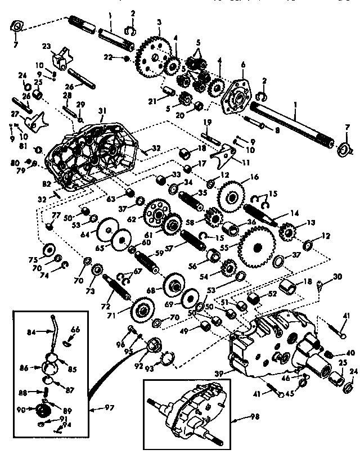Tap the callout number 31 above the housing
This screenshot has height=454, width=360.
click(102, 111)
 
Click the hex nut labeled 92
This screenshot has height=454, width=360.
click(153, 344)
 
